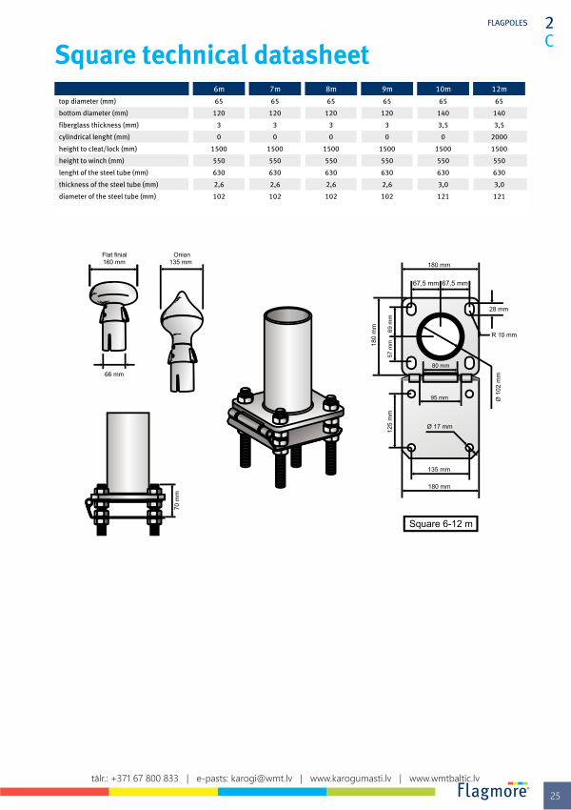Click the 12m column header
pos(499,89)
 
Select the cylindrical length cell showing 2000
pos(499,137)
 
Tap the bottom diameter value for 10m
pos(443,113)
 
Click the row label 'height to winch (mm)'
pos(91,161)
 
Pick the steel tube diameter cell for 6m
pos(219,196)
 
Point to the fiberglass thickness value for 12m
pos(499,125)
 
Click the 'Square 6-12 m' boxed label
pos(441,524)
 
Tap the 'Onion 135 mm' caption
pos(181,258)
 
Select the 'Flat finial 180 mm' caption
pos(114,258)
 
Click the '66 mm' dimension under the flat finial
pos(114,374)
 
